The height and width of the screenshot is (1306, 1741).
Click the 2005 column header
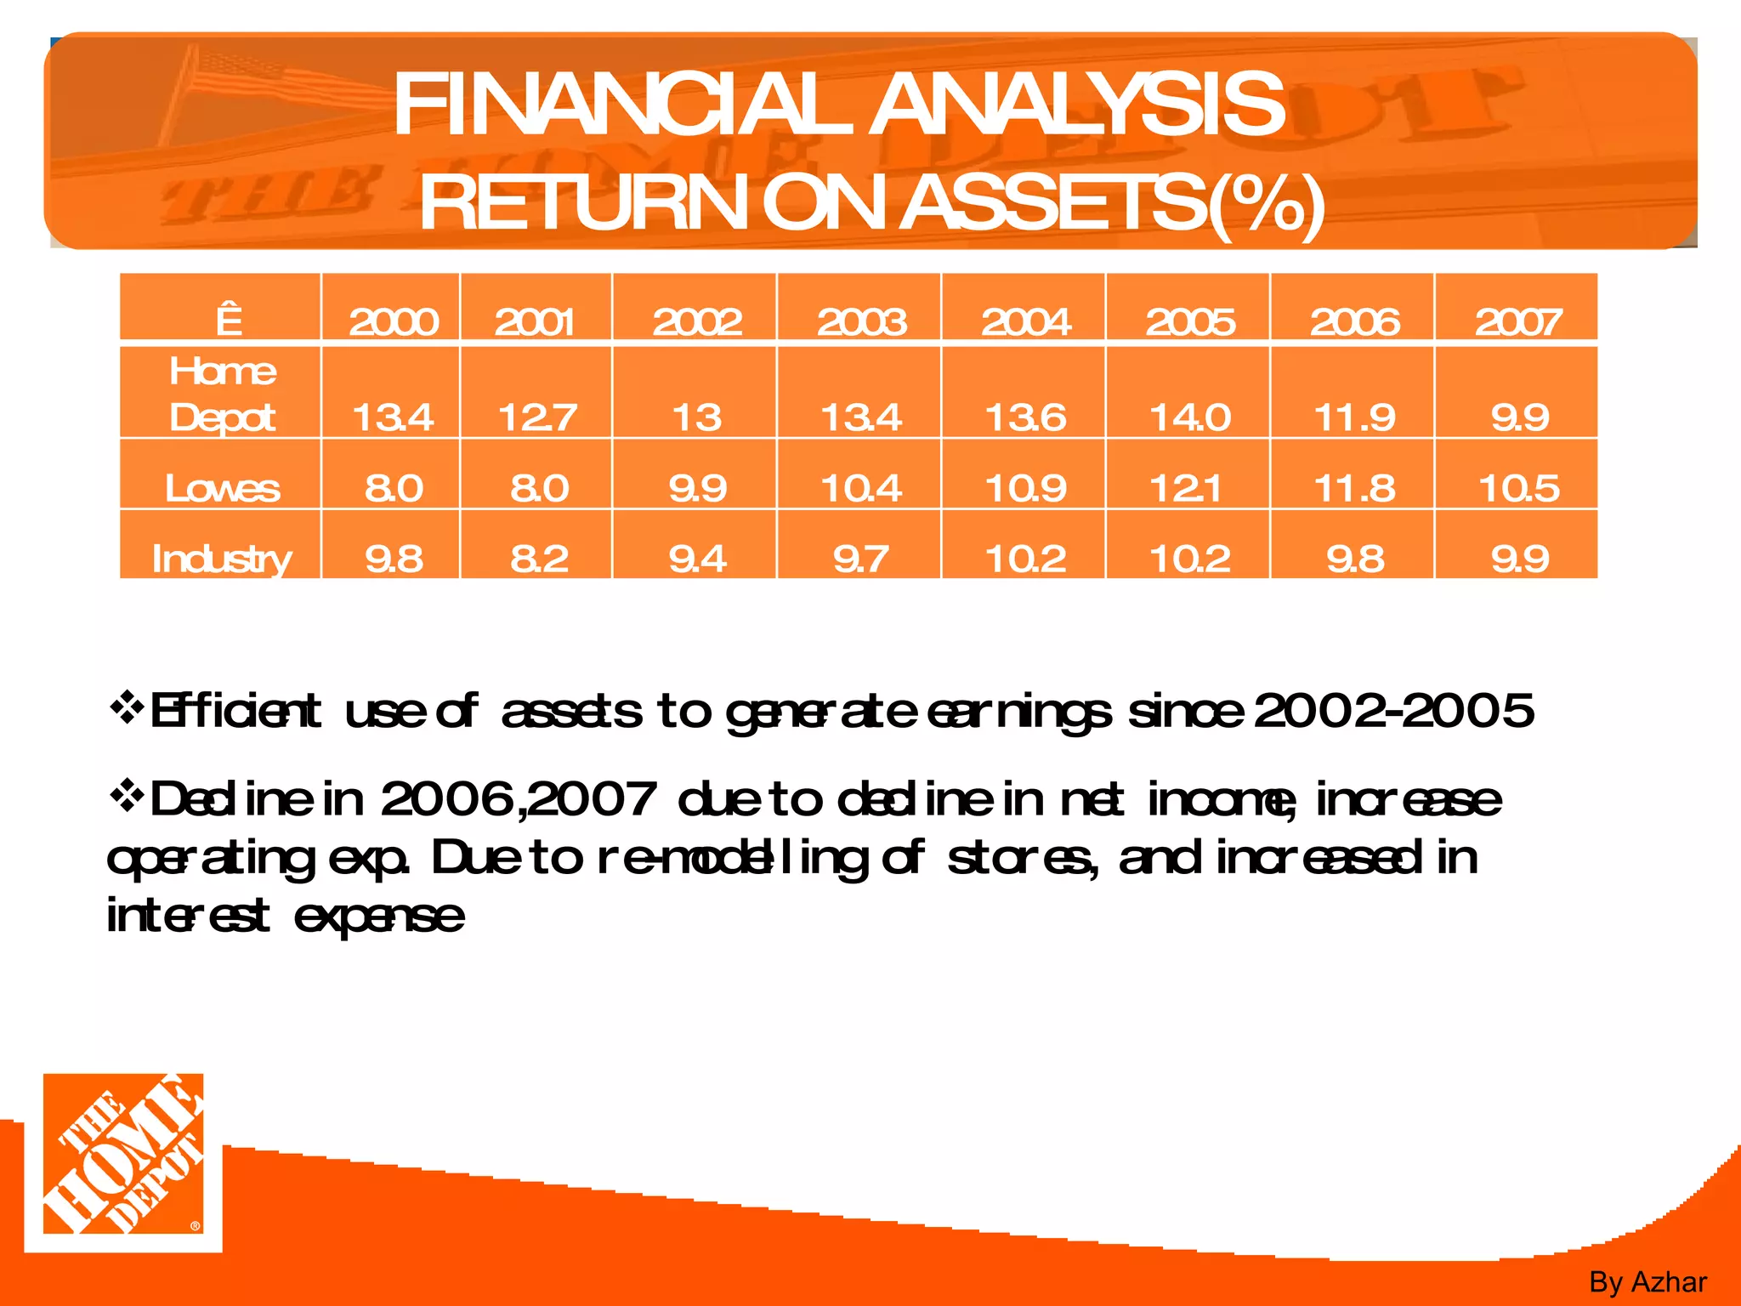click(x=1189, y=321)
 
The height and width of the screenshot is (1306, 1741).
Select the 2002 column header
click(x=696, y=321)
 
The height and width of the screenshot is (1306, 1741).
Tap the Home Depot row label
click(x=222, y=395)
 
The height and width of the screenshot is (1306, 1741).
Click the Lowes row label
click(x=222, y=488)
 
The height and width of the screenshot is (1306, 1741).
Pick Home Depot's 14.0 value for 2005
click(x=1189, y=417)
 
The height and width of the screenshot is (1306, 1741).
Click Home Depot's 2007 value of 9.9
click(x=1519, y=417)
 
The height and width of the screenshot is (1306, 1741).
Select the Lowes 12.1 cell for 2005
click(x=1189, y=488)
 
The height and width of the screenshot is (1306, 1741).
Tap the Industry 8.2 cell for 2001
click(x=539, y=559)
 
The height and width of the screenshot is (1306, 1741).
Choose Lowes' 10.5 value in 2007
click(x=1519, y=488)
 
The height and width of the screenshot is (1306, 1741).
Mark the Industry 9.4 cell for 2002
click(x=697, y=559)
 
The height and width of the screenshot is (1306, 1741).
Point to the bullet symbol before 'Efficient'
click(x=127, y=707)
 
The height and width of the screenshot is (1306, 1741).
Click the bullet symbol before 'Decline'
click(x=127, y=797)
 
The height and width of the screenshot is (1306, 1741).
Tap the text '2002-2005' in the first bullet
click(x=1393, y=711)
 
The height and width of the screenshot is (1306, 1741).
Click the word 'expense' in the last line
click(x=379, y=917)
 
